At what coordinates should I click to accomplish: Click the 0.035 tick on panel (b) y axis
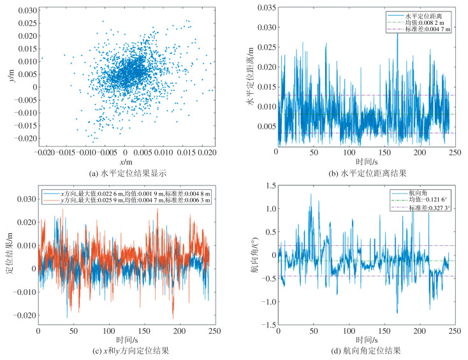tap(265, 7)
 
